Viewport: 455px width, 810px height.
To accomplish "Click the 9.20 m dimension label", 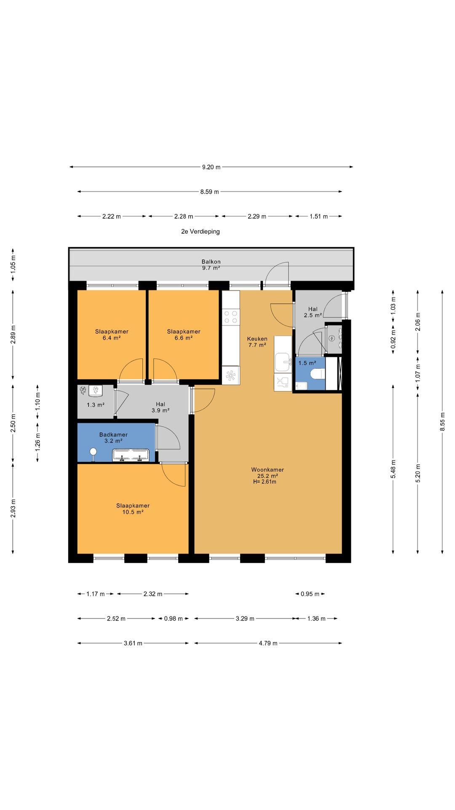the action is click(211, 167).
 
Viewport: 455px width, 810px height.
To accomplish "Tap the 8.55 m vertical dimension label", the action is click(442, 421).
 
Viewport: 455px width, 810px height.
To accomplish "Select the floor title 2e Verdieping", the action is click(201, 231).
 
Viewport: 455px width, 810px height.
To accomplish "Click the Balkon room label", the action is click(211, 262).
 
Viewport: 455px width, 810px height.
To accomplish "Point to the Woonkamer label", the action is click(268, 470).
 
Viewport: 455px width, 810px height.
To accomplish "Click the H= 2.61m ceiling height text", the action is click(265, 482).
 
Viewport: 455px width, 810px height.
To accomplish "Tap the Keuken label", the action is click(257, 339).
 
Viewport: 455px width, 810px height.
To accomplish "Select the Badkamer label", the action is click(113, 435).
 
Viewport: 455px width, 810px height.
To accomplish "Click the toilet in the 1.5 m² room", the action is click(317, 374).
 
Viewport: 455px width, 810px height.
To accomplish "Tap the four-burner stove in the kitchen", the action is click(231, 317).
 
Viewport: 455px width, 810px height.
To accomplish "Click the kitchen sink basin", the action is click(283, 362).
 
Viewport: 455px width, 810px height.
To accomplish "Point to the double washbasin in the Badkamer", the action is click(131, 455).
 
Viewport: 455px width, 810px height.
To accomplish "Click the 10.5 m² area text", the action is click(133, 512).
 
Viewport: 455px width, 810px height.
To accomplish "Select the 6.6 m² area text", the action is click(184, 338).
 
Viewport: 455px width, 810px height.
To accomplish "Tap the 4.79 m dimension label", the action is click(268, 643).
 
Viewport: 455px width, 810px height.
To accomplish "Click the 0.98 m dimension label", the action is click(173, 618).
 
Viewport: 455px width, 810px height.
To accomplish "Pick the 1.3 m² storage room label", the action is click(96, 405).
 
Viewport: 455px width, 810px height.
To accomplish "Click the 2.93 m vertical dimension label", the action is click(13, 508).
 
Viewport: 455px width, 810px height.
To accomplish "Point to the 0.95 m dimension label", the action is click(310, 594).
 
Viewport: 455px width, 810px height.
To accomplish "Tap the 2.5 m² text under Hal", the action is click(313, 315).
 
